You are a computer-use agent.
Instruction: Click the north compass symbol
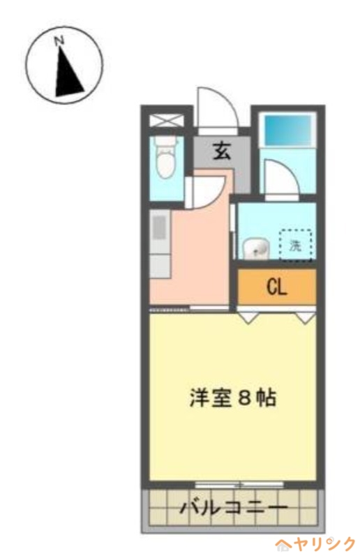pyautogui.click(x=65, y=65)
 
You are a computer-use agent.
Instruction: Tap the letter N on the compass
pyautogui.click(x=60, y=42)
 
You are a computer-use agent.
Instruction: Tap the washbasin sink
pyautogui.click(x=255, y=248)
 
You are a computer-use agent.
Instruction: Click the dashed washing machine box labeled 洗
pyautogui.click(x=296, y=245)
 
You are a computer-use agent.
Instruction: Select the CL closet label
pyautogui.click(x=277, y=287)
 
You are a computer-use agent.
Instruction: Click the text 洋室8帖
pyautogui.click(x=233, y=398)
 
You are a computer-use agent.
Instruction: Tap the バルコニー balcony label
pyautogui.click(x=233, y=508)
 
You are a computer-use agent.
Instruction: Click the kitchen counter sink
pyautogui.click(x=160, y=227)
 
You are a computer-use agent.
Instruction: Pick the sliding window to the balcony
pyautogui.click(x=239, y=484)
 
